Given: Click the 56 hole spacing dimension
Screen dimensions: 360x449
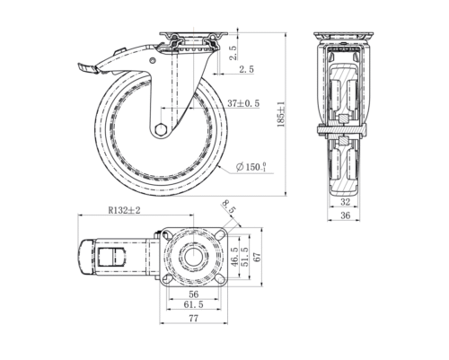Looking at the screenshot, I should (192, 294).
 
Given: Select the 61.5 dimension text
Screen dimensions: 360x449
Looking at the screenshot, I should (192, 306).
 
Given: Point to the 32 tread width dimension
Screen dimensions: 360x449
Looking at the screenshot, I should (346, 204).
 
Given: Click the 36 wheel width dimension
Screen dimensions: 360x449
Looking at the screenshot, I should (346, 216).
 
